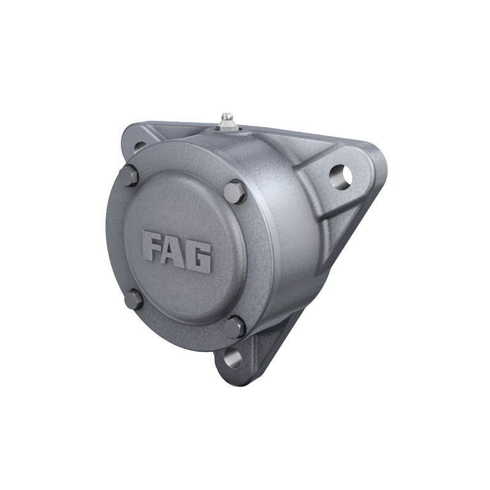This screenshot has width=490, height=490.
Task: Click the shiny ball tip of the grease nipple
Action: [x=228, y=116]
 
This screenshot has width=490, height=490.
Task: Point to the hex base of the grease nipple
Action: [x=228, y=127]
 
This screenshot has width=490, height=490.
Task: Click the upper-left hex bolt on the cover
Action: [x=128, y=175]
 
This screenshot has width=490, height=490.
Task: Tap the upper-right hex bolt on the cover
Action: [x=234, y=192]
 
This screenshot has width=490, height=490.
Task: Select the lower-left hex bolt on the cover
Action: [x=133, y=300]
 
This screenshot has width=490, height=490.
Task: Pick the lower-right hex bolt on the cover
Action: [x=234, y=326]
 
